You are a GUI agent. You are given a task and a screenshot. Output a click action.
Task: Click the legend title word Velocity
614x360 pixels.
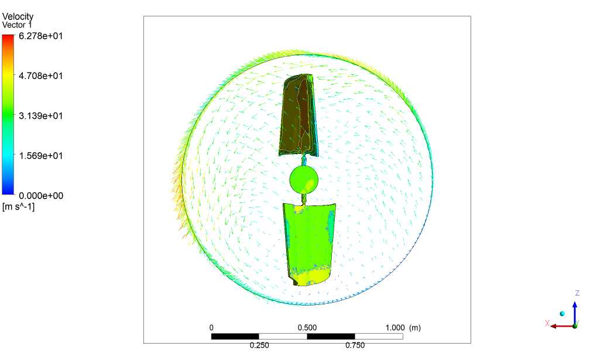point(18,16)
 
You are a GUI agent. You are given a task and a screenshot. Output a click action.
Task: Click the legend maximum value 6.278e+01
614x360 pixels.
point(41,36)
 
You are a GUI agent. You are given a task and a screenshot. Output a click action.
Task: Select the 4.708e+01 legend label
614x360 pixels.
point(41,76)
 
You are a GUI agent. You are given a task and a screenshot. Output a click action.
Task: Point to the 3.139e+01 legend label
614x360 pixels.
point(41,115)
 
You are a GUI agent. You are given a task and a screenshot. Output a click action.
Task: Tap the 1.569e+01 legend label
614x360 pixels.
point(41,156)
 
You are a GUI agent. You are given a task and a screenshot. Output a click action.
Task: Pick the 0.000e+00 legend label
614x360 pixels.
point(41,196)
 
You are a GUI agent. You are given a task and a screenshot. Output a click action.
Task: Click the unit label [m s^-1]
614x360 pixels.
point(18,207)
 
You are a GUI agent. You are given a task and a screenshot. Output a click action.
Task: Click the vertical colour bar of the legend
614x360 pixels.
point(8,114)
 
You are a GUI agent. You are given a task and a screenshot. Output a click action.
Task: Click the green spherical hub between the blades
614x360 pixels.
point(303,179)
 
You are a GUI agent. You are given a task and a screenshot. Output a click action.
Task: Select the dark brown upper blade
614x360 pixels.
point(299,115)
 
